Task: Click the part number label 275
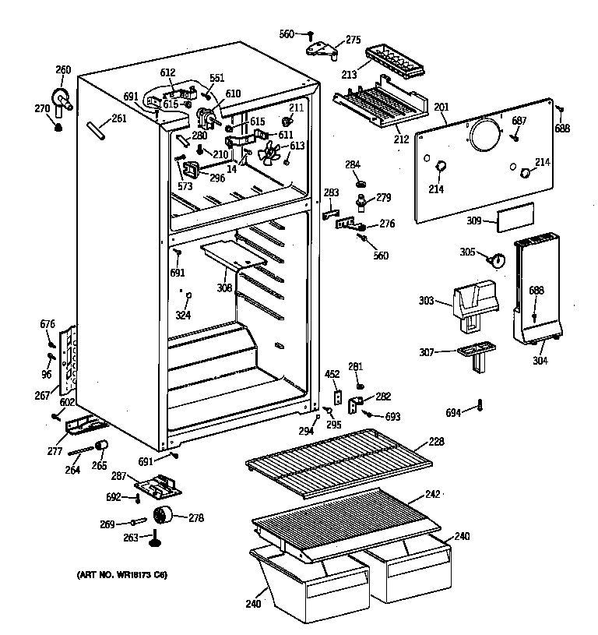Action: tap(353, 40)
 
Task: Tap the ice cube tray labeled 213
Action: tap(394, 60)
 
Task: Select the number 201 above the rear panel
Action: tap(441, 107)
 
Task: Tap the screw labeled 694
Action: tap(480, 405)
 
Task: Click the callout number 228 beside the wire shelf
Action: tap(436, 442)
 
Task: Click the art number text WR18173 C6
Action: tap(121, 576)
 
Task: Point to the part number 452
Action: tap(332, 375)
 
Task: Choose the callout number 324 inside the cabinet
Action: tap(182, 315)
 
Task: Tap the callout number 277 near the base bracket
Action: tap(55, 450)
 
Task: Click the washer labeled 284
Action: tap(361, 184)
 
